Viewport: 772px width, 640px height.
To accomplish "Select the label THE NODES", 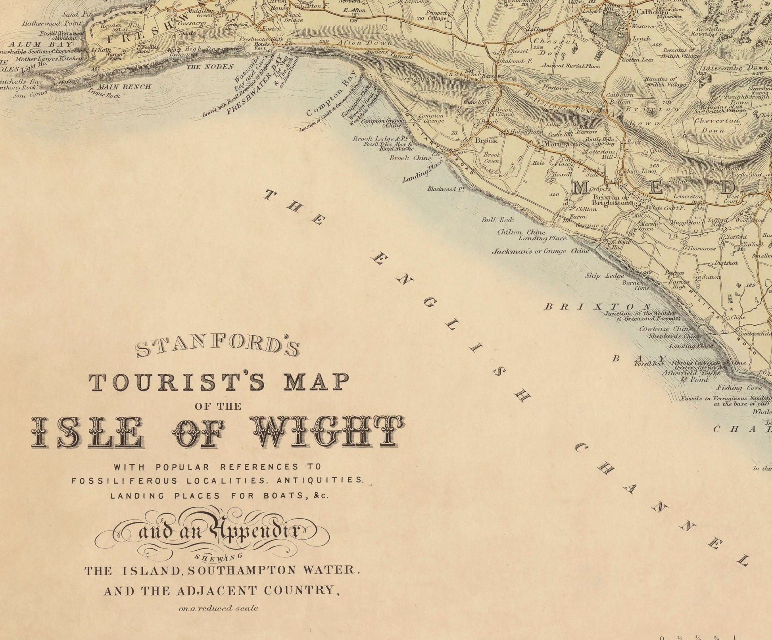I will point(209,67).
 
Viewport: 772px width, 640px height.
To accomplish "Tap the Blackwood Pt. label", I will point(446,189).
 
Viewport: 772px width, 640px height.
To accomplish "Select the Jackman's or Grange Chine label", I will point(540,251).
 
